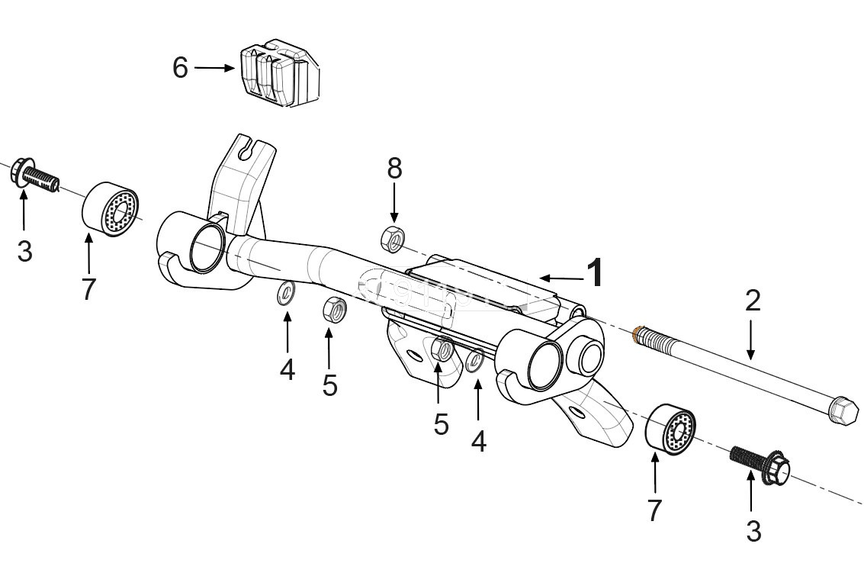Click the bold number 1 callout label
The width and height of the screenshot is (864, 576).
[596, 273]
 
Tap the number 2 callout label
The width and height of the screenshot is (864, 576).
[752, 301]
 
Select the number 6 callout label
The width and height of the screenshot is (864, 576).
[180, 68]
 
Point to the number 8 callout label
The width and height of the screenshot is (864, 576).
[394, 169]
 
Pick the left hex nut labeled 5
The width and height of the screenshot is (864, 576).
[334, 310]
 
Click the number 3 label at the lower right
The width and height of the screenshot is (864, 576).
[753, 531]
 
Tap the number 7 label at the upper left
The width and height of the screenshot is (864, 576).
[89, 289]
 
